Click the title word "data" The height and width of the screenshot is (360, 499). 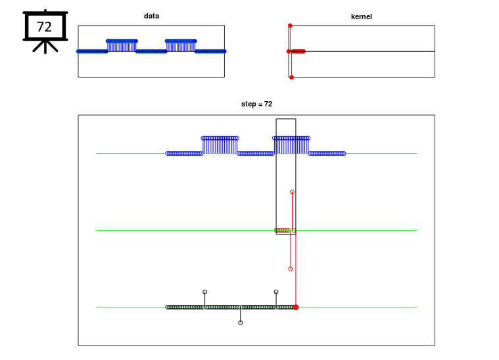click(x=151, y=16)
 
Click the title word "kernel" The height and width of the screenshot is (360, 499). click(x=361, y=16)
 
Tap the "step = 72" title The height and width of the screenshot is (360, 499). click(x=256, y=104)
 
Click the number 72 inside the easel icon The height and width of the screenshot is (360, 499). click(x=44, y=27)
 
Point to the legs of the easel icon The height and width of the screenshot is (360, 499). click(x=45, y=47)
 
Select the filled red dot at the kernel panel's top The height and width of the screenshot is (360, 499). click(x=290, y=26)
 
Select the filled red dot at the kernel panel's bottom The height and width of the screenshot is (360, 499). click(x=291, y=77)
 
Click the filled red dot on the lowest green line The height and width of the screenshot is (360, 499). click(x=296, y=307)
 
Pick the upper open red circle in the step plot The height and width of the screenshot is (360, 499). click(x=292, y=192)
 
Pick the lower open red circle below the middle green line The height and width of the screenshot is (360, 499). click(x=290, y=269)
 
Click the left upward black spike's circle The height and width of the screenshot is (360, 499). click(x=205, y=292)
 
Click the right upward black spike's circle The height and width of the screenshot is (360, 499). click(x=276, y=292)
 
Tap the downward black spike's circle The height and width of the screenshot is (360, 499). click(x=241, y=323)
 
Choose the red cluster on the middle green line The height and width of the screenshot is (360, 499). click(x=282, y=230)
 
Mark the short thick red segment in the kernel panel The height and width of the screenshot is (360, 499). click(x=298, y=51)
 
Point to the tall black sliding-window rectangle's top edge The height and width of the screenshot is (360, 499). click(x=286, y=119)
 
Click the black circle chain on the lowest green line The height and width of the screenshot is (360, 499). click(x=230, y=307)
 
